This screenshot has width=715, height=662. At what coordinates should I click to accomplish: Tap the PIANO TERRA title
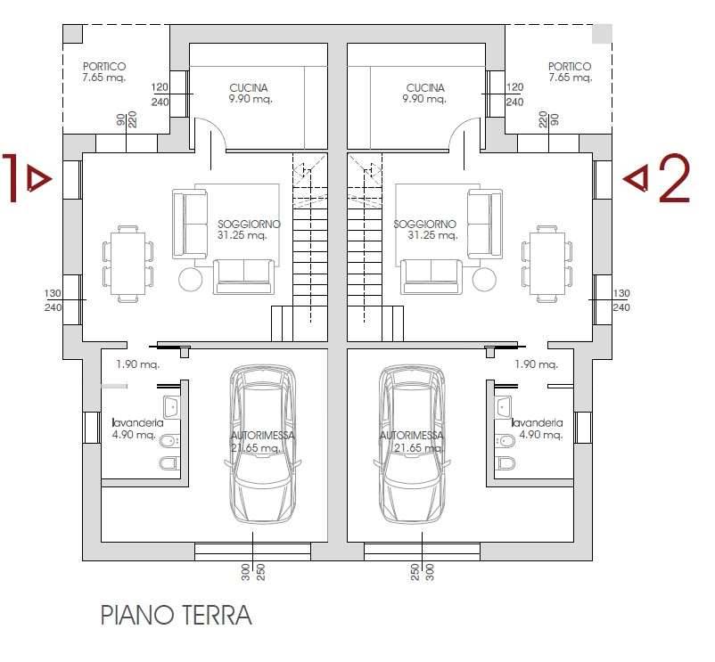pyautogui.click(x=176, y=615)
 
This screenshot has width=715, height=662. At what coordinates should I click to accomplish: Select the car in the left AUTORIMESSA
pyautogui.click(x=262, y=445)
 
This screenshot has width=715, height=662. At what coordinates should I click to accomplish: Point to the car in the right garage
pyautogui.click(x=412, y=445)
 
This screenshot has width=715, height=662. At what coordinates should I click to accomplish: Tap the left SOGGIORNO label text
pyautogui.click(x=249, y=225)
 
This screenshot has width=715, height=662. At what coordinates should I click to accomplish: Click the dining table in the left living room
pyautogui.click(x=127, y=264)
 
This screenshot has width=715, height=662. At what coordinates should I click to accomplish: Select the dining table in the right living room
pyautogui.click(x=547, y=264)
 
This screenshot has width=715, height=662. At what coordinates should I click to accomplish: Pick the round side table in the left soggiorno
pyautogui.click(x=191, y=279)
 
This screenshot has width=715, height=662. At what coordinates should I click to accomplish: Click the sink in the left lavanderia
pyautogui.click(x=171, y=407)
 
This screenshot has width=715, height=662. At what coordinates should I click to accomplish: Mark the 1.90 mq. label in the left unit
pyautogui.click(x=137, y=364)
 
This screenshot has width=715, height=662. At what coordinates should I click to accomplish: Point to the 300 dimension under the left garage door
pyautogui.click(x=246, y=572)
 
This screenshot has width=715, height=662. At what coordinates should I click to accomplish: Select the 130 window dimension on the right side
pyautogui.click(x=621, y=293)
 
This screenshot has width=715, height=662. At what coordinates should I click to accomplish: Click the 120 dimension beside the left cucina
pyautogui.click(x=160, y=87)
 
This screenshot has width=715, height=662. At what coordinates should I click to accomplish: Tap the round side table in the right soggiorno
pyautogui.click(x=484, y=279)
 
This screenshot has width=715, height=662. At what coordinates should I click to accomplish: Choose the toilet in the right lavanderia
pyautogui.click(x=506, y=463)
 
